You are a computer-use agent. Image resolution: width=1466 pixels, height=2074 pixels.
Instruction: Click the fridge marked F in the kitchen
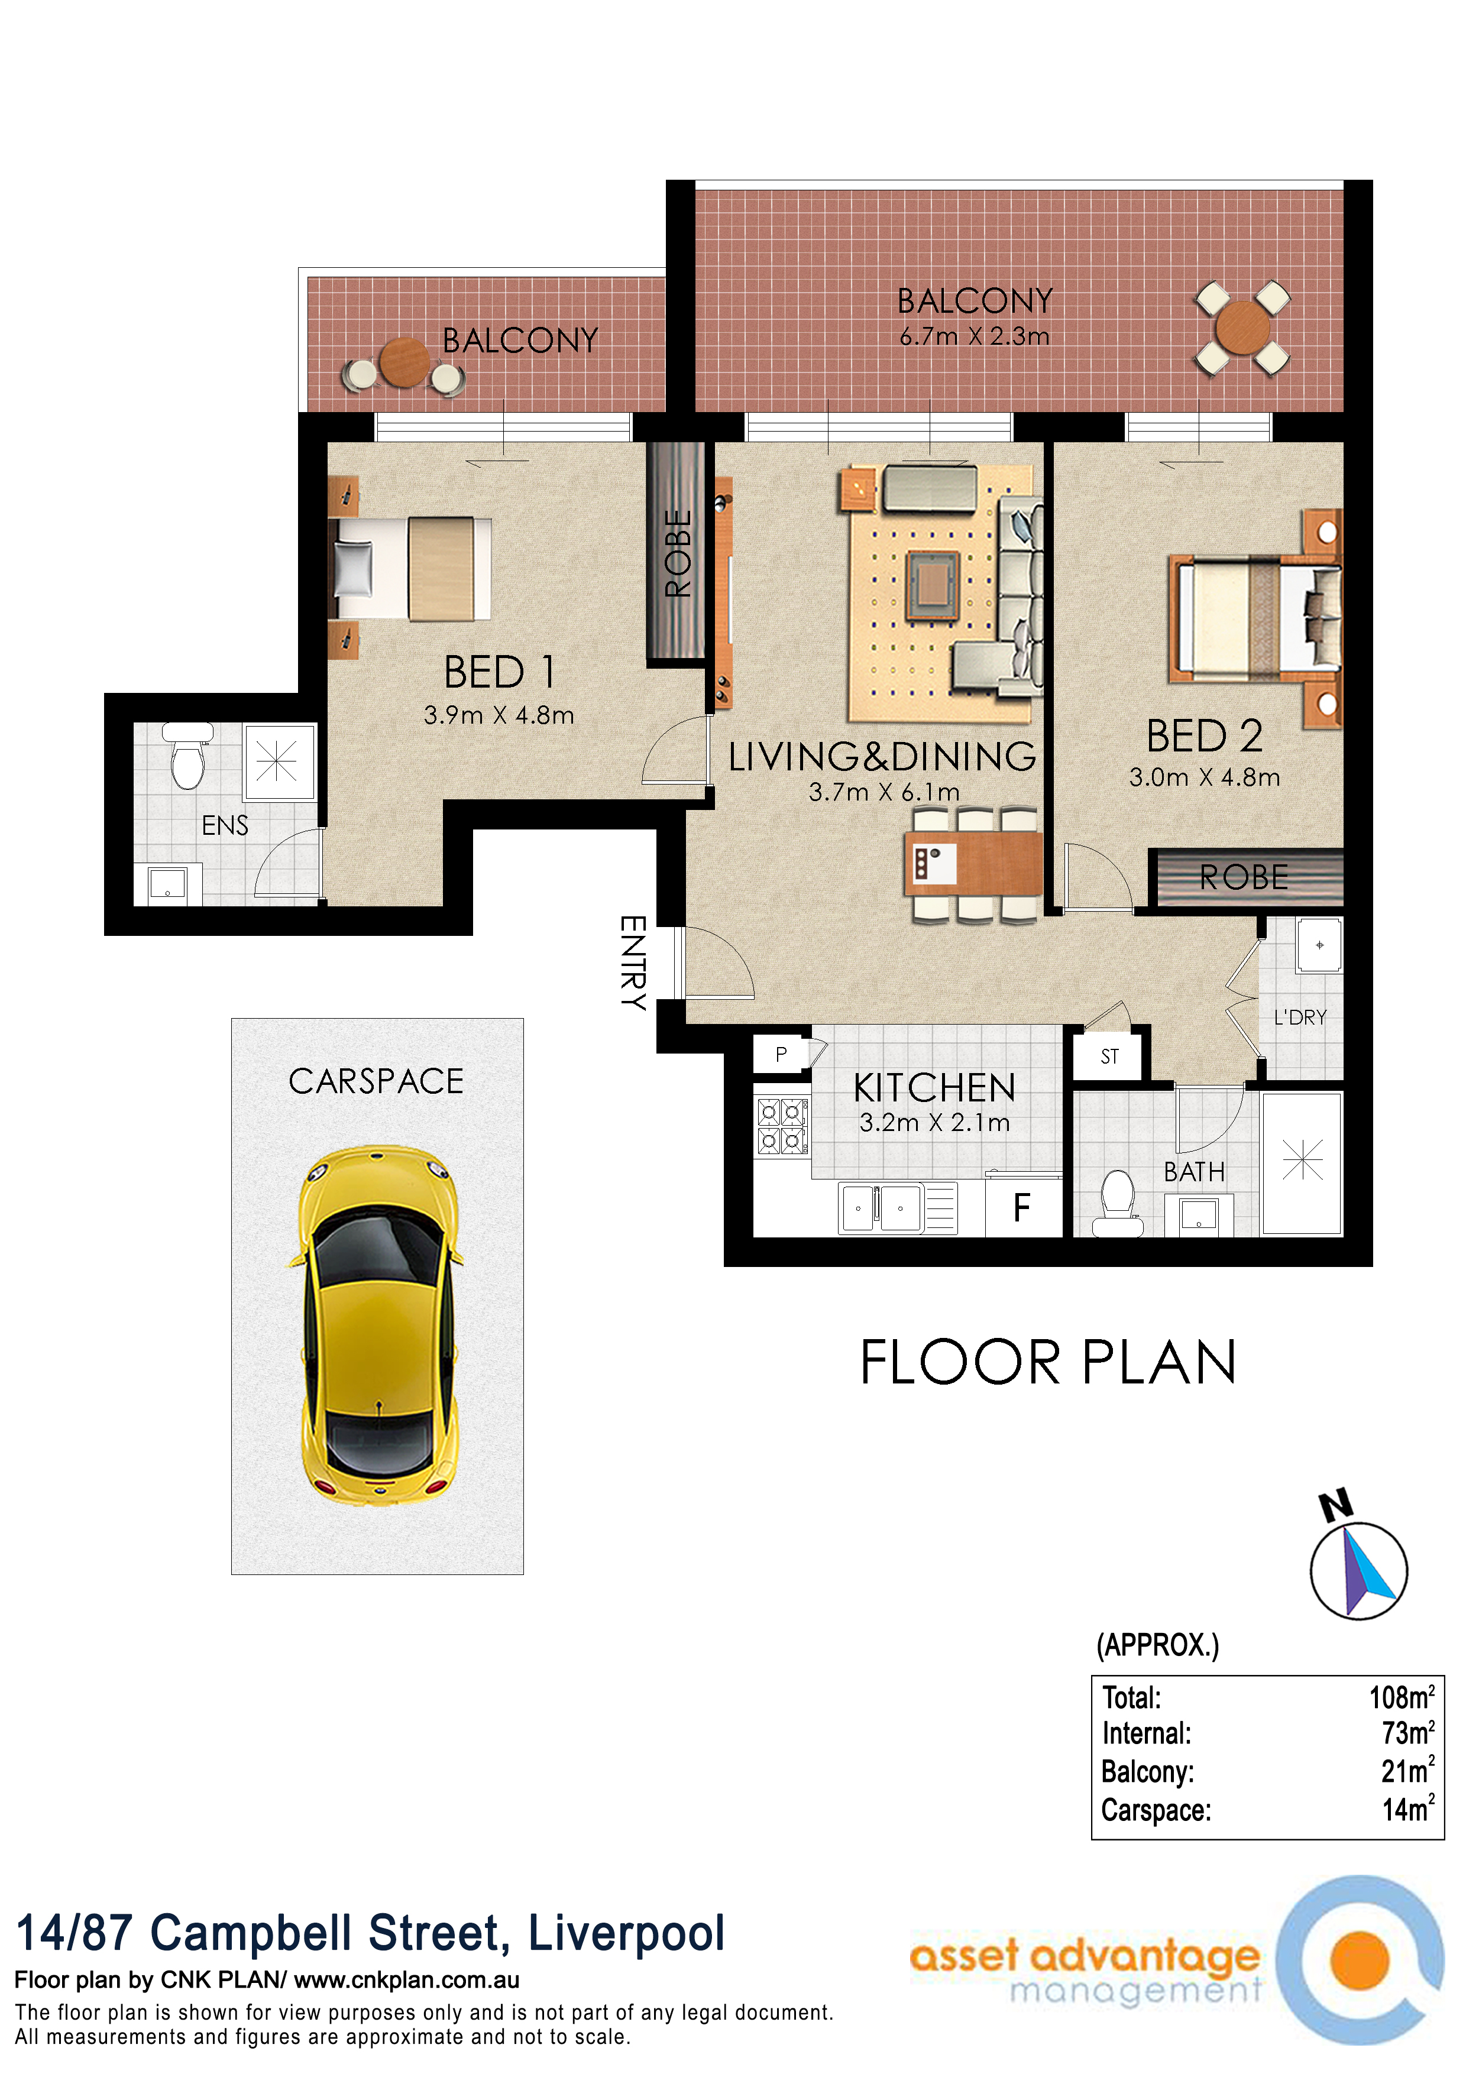(1022, 1208)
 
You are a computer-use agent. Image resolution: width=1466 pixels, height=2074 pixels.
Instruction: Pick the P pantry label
(781, 1054)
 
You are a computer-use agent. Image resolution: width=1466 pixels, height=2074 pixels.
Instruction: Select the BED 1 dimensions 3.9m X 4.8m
(499, 715)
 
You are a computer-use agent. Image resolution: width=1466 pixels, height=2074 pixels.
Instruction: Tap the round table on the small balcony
(404, 362)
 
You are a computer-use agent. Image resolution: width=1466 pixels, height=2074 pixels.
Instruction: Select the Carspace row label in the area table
(1156, 1810)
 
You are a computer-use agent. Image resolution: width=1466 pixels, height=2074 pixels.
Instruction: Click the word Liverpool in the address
(626, 1933)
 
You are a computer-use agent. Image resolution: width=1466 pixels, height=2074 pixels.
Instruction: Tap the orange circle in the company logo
(1360, 1960)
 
